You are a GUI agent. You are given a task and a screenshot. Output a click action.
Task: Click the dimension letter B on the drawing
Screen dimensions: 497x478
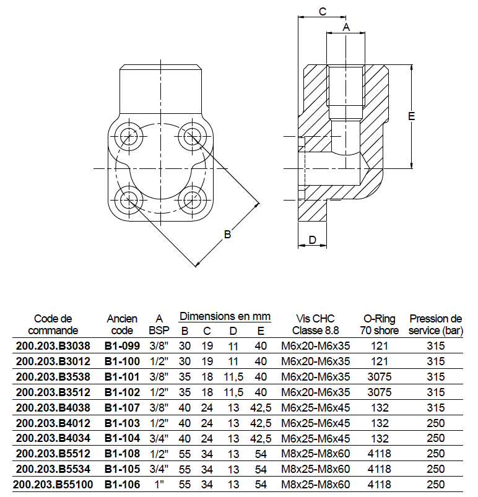(227, 235)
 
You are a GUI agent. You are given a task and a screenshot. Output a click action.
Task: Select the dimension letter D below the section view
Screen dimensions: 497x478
(313, 240)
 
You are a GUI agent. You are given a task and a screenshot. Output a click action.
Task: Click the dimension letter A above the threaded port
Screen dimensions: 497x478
(346, 27)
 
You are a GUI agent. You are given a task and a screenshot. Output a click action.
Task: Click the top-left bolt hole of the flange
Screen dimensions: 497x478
(129, 136)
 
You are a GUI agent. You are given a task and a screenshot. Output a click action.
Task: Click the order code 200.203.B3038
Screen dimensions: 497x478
(53, 345)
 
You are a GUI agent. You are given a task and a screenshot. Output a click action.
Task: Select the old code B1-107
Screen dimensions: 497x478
(122, 407)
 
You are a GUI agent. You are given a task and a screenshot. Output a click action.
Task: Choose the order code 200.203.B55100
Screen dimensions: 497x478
(53, 485)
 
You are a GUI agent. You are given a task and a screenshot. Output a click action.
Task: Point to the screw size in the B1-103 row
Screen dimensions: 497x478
(316, 423)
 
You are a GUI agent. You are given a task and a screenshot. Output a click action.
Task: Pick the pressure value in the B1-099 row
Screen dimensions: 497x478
(436, 345)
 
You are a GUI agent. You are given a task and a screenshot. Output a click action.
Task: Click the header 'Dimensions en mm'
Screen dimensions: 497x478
(225, 316)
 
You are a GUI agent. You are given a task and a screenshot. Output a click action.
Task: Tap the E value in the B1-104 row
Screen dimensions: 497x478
(261, 438)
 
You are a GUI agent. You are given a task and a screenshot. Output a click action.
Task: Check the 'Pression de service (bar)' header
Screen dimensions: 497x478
(436, 324)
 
